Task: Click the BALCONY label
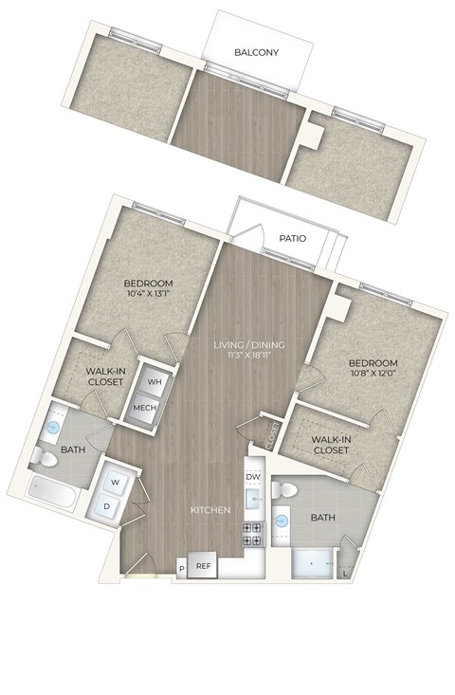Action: click(x=257, y=52)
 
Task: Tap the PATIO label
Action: click(x=292, y=239)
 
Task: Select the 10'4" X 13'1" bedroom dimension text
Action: click(x=148, y=293)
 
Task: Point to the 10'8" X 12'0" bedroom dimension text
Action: click(x=373, y=373)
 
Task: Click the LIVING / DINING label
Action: click(x=249, y=344)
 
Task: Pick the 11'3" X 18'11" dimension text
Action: click(x=249, y=355)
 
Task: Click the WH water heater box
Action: click(x=154, y=381)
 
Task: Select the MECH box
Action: click(x=144, y=408)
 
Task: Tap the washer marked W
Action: click(x=116, y=483)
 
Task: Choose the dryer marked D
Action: click(x=106, y=506)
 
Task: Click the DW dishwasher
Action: click(x=253, y=477)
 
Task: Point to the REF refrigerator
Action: click(x=203, y=565)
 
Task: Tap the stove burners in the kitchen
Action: click(x=252, y=535)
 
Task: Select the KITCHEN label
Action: click(x=210, y=510)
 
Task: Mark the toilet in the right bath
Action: click(x=284, y=490)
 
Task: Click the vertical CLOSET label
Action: click(x=272, y=436)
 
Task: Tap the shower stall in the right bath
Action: click(x=312, y=563)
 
